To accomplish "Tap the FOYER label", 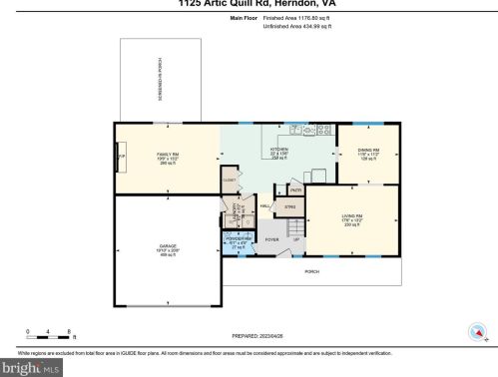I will coord(270,239).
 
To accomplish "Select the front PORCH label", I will coord(311,270).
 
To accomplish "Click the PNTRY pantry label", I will coord(295,189).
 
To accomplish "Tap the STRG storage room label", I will coord(290,206).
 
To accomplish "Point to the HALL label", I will coord(265,206).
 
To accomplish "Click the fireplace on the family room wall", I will coord(121,158).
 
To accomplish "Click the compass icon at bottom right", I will coord(477,331).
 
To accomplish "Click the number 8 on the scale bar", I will coord(67,329).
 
